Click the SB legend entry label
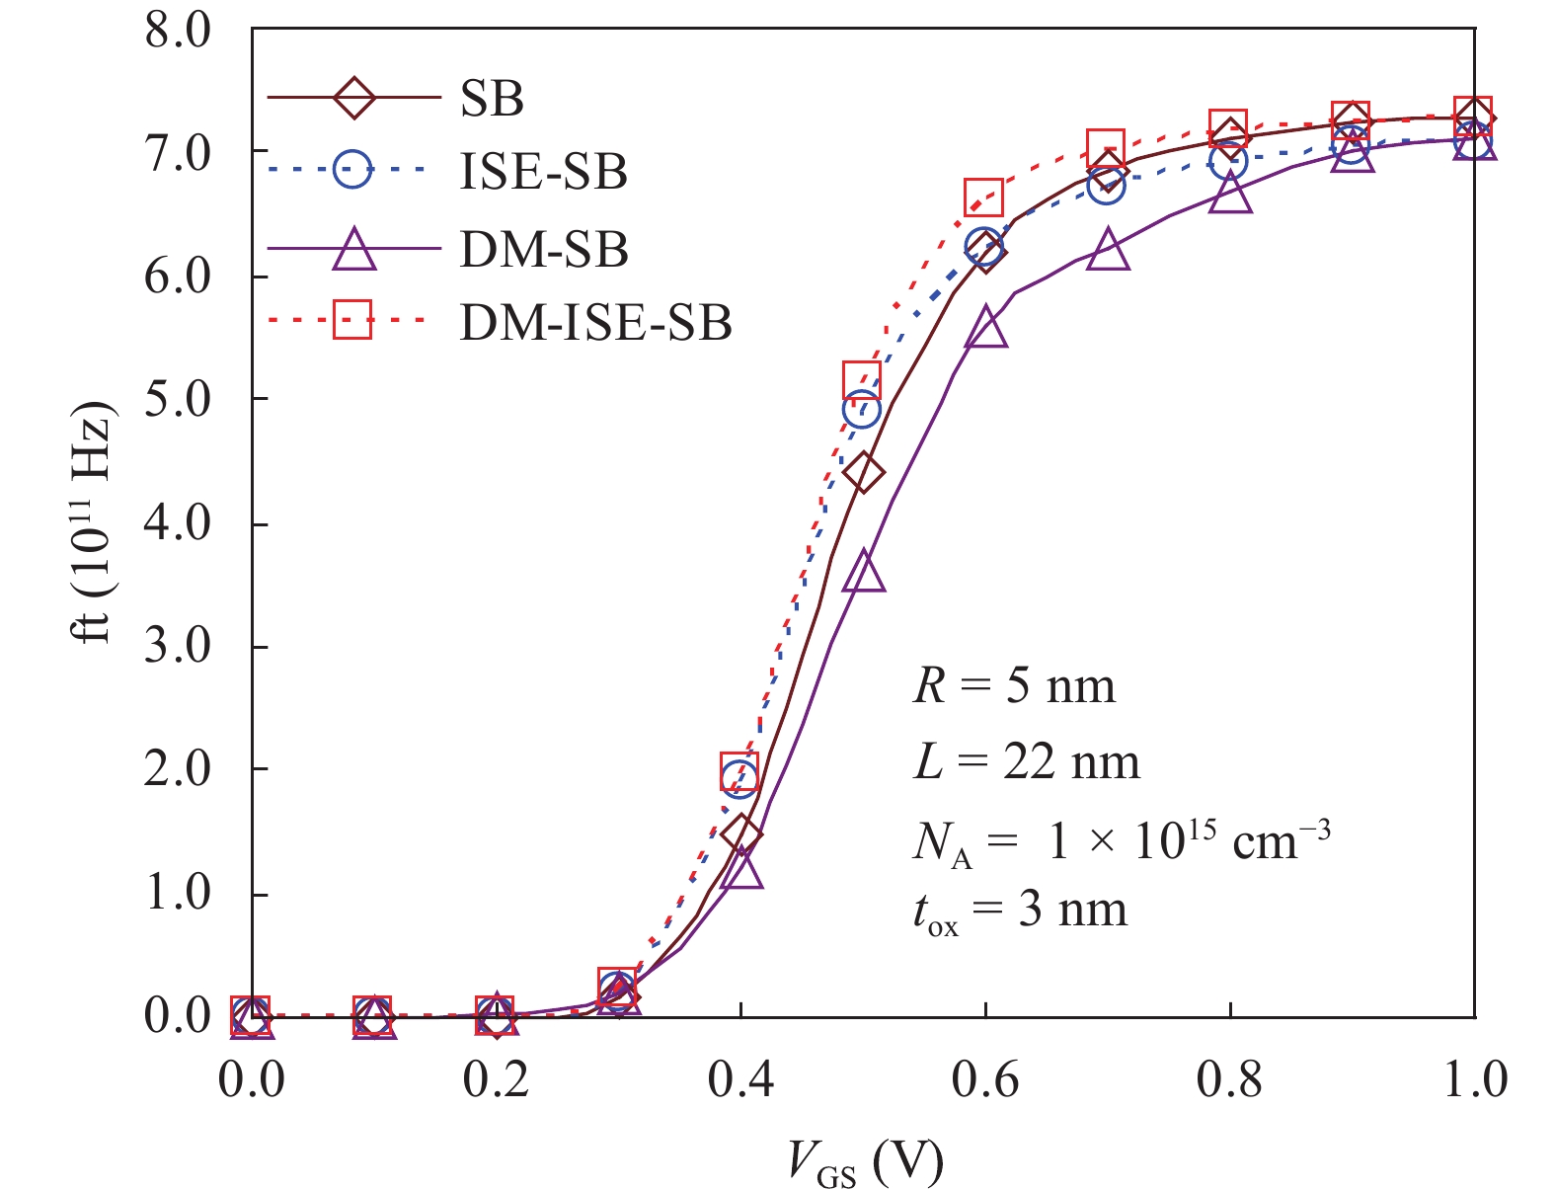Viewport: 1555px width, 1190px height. coord(491,98)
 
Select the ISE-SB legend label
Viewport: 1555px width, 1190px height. coord(543,172)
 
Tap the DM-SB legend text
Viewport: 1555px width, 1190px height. coord(544,249)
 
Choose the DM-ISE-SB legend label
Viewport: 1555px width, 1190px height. coord(595,322)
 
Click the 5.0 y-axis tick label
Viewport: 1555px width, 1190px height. coord(178,399)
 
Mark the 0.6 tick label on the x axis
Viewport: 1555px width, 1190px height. coord(984,1080)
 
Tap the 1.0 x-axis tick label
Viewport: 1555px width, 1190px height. coord(1474,1080)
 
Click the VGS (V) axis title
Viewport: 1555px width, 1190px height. coord(866,1162)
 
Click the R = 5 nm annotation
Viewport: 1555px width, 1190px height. coord(1014,685)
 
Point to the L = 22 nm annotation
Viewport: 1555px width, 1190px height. coord(1027,761)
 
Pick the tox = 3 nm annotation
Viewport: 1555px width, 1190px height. coord(1019,911)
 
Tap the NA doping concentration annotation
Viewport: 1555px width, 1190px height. coord(1121,840)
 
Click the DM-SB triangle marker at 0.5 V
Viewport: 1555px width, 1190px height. coord(864,572)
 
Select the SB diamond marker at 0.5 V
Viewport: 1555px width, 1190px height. coord(864,473)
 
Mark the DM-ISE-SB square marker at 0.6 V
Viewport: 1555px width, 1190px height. coord(984,198)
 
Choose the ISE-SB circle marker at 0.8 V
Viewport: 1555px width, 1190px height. coord(1229,160)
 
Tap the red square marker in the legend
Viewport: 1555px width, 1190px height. coord(352,320)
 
